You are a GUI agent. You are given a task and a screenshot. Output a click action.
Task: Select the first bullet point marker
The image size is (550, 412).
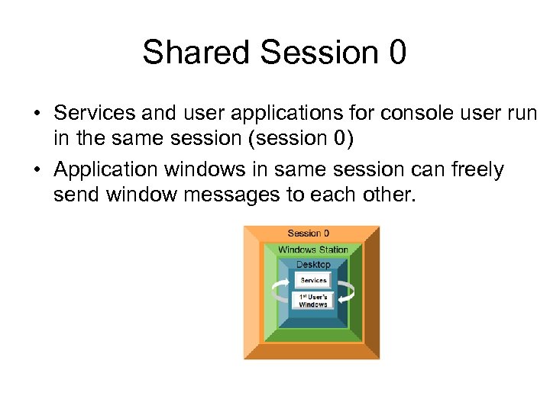[x=36, y=113]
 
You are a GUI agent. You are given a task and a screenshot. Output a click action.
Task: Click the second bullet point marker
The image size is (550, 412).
[x=36, y=169]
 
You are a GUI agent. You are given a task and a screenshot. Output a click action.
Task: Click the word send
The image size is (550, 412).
[x=76, y=195]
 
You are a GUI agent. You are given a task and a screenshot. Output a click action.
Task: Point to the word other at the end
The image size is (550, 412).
[x=387, y=195]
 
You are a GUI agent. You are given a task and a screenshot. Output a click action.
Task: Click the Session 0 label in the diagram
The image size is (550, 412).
[x=309, y=233]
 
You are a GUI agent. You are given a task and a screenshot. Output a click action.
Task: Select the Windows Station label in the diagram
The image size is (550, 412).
[x=312, y=249]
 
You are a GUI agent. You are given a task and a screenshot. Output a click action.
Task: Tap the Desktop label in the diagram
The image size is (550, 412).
[x=313, y=265]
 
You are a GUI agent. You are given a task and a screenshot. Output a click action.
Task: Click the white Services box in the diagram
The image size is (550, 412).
[x=313, y=280]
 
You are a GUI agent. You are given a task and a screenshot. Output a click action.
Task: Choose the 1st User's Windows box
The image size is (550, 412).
[x=313, y=300]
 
